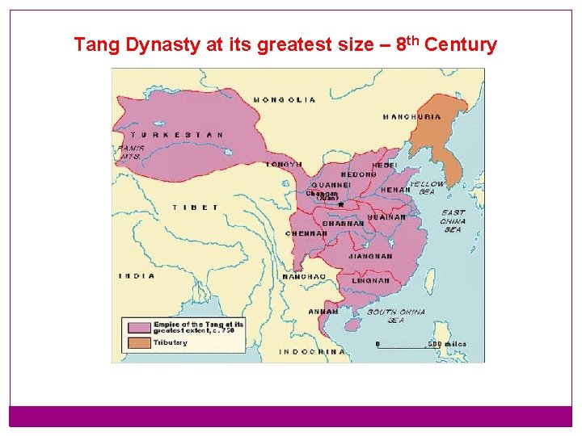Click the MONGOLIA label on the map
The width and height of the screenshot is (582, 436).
[x=285, y=100]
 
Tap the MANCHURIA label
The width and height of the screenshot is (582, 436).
[x=412, y=117]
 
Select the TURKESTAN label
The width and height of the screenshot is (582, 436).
[x=177, y=135]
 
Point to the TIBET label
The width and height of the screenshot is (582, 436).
[x=196, y=208]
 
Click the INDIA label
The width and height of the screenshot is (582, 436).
[x=137, y=276]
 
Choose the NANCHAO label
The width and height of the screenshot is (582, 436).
[x=304, y=277]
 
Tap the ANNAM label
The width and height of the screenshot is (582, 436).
[x=323, y=312]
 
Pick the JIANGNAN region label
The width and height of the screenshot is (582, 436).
[x=370, y=257]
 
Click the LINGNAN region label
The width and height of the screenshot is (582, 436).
[x=371, y=281]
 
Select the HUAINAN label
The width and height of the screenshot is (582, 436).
[x=387, y=217]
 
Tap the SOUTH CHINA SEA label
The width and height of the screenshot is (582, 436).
[x=396, y=316]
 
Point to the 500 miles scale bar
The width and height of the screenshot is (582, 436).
[x=409, y=346]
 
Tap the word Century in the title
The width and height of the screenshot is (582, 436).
[x=460, y=44]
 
